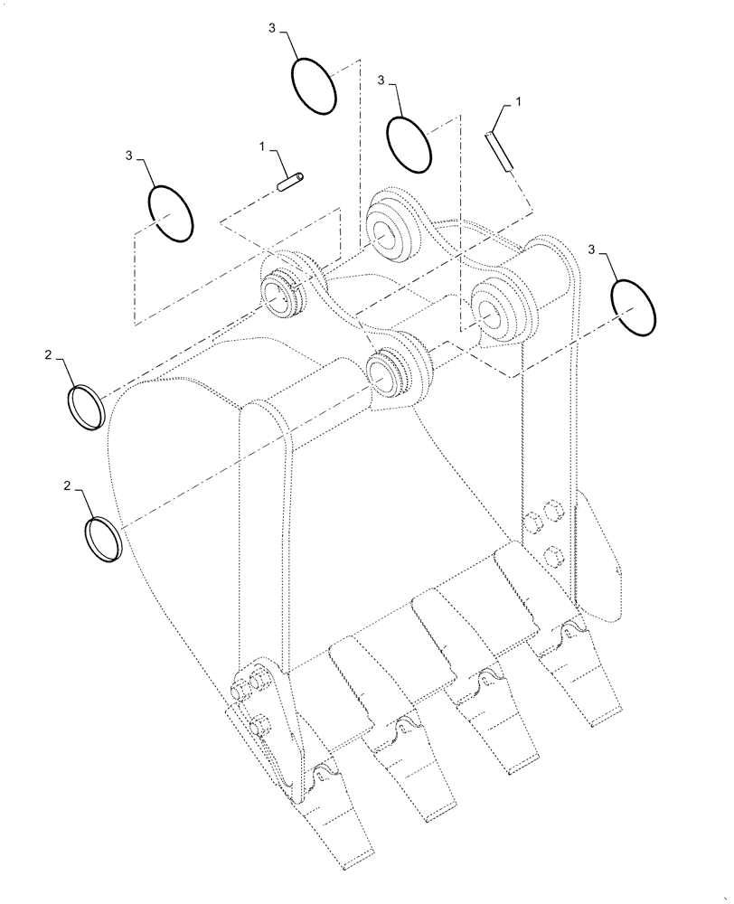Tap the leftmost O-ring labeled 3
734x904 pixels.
click(171, 212)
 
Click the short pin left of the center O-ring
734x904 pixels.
click(291, 182)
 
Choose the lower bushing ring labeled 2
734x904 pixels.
click(103, 539)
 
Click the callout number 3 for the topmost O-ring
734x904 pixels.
click(272, 29)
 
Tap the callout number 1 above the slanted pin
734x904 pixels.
click(519, 105)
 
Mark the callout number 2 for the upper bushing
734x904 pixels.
click(48, 357)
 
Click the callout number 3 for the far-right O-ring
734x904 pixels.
click(592, 248)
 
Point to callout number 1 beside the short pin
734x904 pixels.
click(262, 146)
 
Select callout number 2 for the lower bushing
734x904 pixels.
click(67, 487)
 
